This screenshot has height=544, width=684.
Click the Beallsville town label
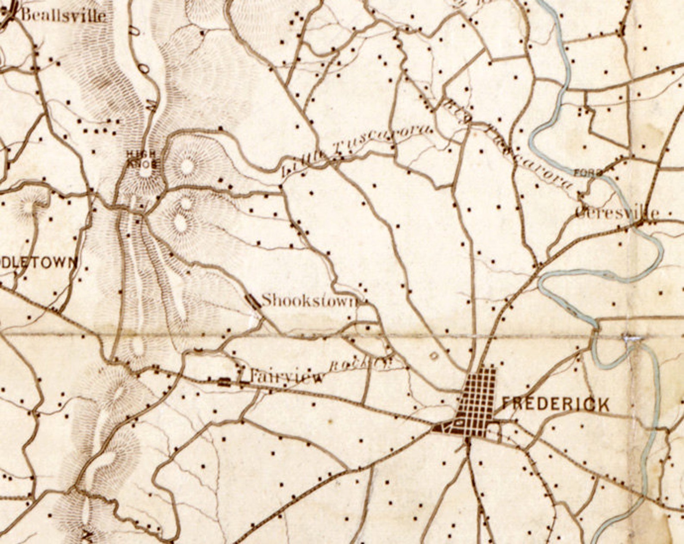coord(63,15)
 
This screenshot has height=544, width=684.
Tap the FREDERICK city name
coord(556,405)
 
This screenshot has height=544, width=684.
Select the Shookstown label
coord(309,300)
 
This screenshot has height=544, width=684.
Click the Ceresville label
coord(617,213)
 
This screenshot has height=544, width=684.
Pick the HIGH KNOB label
coord(143,159)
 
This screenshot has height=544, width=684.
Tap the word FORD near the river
coord(588,173)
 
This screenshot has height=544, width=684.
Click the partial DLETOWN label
coord(39,263)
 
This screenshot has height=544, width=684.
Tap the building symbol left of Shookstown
coord(253,301)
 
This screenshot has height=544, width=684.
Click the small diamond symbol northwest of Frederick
coord(434,355)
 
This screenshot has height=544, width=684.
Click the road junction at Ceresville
coord(640,223)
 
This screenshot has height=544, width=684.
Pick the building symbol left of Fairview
coord(224,381)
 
